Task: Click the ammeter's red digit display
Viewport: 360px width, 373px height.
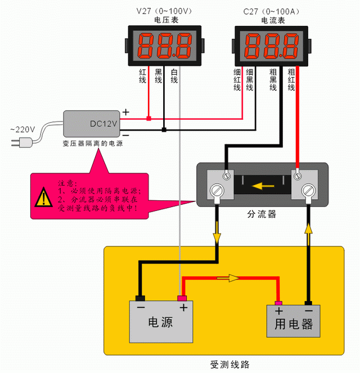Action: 270,47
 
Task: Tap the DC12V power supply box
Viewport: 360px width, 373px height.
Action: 91,124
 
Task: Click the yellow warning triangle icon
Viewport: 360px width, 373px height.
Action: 43,197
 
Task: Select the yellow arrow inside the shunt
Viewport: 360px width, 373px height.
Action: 263,184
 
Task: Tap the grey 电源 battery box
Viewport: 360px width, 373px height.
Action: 161,321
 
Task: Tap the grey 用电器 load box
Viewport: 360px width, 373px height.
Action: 293,321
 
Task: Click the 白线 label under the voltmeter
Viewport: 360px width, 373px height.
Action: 174,77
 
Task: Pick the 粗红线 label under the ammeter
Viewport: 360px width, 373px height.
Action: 291,80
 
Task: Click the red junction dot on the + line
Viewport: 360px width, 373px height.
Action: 148,119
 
